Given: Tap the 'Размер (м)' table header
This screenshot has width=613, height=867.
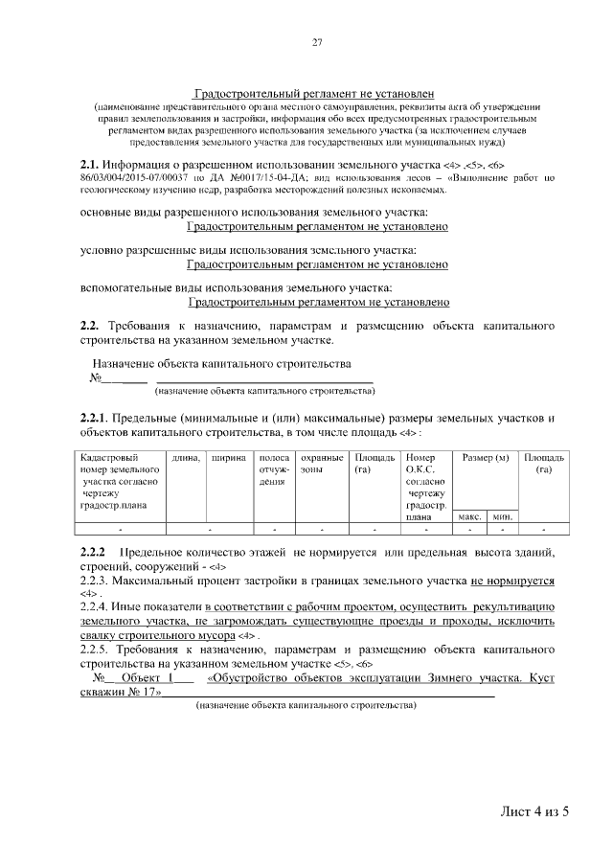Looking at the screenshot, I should (485, 458).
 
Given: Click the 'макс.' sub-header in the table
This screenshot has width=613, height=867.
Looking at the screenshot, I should (469, 516).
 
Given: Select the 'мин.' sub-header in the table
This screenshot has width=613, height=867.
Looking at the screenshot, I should (501, 516).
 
